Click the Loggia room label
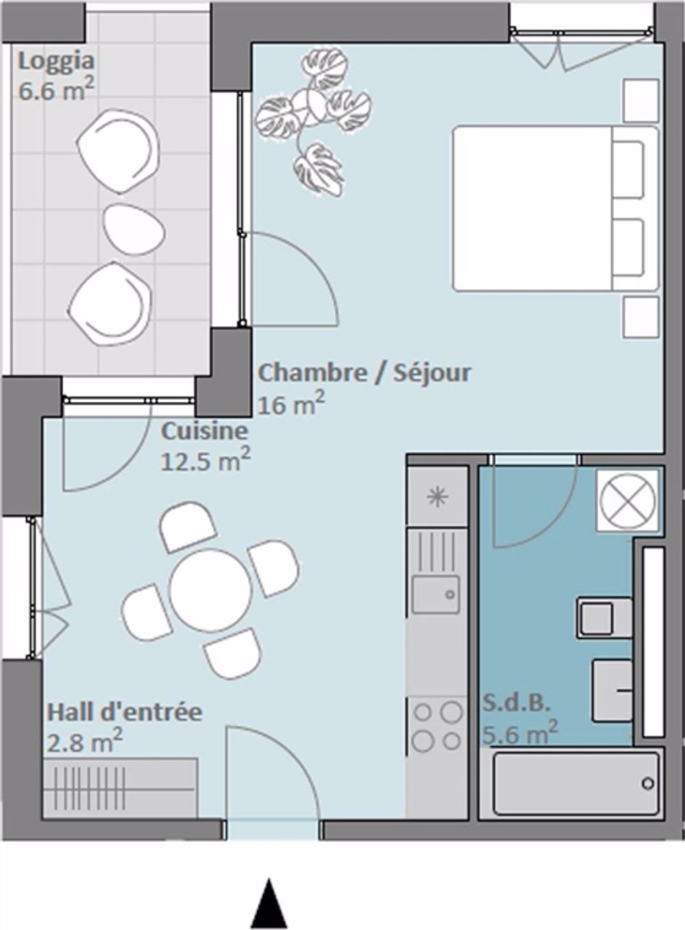(55, 62)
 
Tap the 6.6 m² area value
(55, 90)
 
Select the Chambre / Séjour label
(364, 373)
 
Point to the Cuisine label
(204, 431)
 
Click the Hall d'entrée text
(124, 712)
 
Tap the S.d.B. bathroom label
(517, 703)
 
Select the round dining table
(210, 588)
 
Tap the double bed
(553, 208)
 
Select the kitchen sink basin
(435, 594)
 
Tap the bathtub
(569, 783)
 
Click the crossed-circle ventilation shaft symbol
(628, 501)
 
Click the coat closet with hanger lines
(121, 788)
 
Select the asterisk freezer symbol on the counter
(436, 497)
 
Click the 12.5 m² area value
(205, 460)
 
